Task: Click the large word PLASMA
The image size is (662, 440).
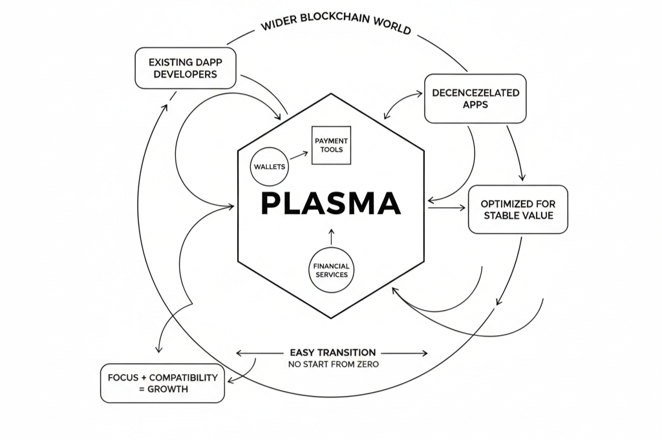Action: point(330,203)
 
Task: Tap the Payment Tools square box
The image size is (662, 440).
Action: point(331,145)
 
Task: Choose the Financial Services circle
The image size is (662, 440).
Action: point(331,270)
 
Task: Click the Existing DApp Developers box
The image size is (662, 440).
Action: point(186,68)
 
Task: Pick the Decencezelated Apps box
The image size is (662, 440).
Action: point(475,98)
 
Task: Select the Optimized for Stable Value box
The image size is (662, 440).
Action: point(518,209)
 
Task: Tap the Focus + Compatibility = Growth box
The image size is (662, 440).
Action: point(162,383)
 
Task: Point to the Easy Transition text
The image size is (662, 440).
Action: point(332,353)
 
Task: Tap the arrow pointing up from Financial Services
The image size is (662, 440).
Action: point(331,236)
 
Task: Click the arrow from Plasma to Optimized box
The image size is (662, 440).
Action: point(446,208)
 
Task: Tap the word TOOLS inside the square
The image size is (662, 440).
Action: point(331,150)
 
